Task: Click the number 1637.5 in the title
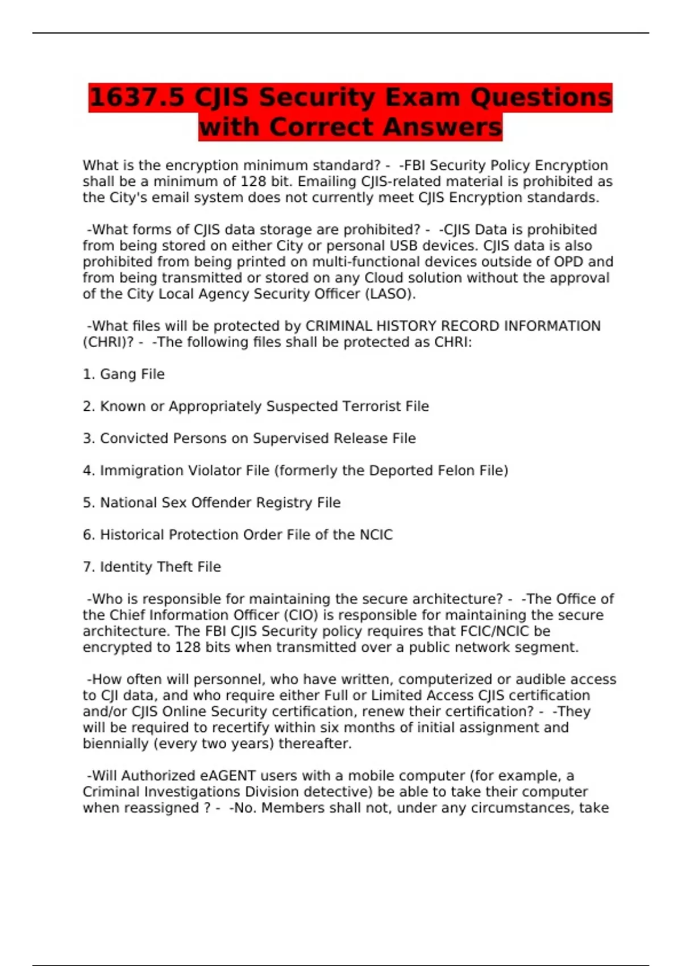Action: (137, 97)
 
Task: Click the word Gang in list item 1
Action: (117, 374)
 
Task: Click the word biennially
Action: (115, 744)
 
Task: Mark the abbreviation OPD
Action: (568, 262)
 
